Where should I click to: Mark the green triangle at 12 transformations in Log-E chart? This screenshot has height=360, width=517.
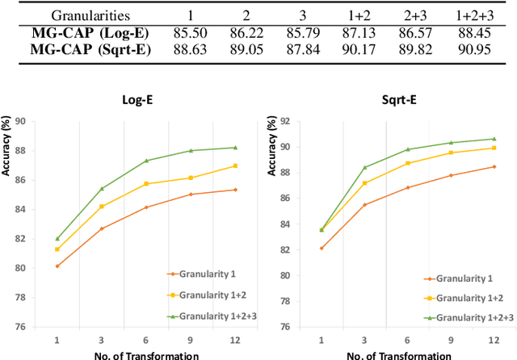pyautogui.click(x=235, y=147)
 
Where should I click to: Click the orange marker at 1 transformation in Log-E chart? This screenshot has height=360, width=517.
pyautogui.click(x=57, y=266)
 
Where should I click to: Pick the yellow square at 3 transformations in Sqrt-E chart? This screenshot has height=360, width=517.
pyautogui.click(x=364, y=183)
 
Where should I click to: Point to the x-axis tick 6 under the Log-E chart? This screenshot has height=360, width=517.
pyautogui.click(x=146, y=339)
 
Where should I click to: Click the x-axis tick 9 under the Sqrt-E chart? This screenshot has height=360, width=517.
pyautogui.click(x=451, y=339)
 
